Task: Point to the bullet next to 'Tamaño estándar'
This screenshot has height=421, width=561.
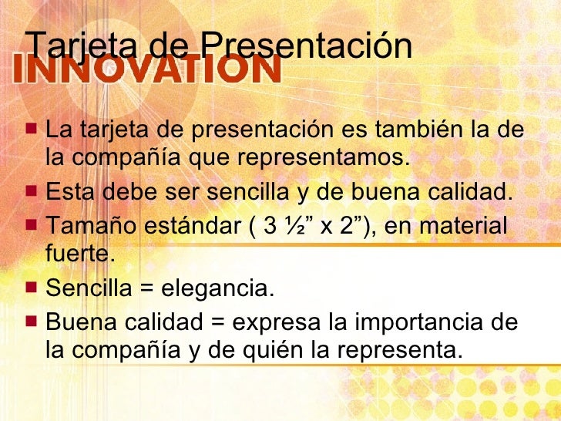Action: click(32, 225)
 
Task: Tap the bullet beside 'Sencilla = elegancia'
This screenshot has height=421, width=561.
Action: click(32, 288)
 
